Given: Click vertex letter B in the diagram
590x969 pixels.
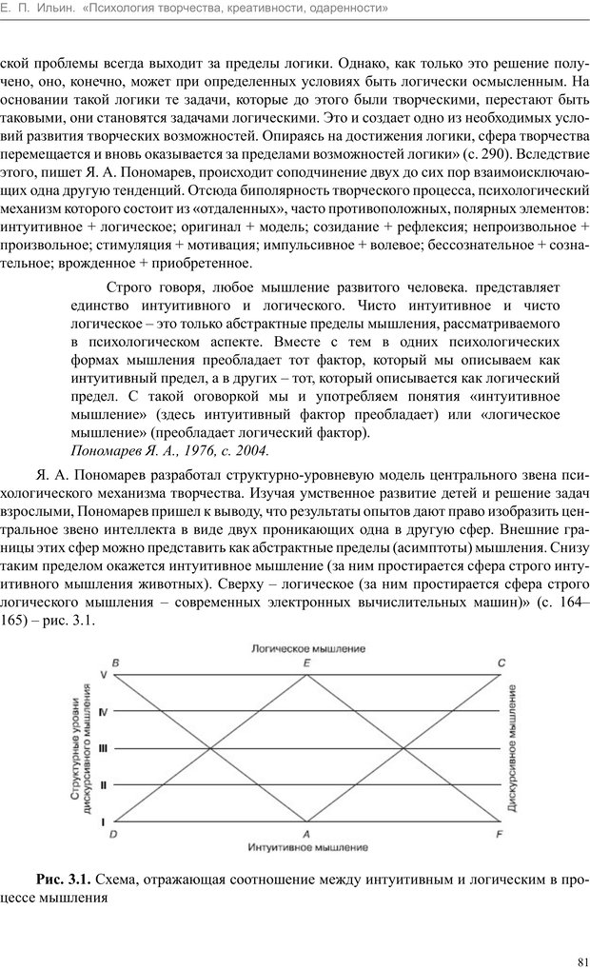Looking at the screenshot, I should (115, 662).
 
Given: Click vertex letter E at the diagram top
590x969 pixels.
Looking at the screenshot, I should (306, 662).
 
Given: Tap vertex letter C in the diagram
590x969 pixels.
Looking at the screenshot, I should (501, 662).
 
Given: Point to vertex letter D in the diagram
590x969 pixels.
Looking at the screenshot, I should (114, 834).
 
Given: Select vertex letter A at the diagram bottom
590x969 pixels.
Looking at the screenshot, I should (306, 834).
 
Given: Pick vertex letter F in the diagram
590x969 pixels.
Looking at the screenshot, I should (501, 834).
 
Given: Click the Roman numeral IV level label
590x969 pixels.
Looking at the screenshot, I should (103, 711).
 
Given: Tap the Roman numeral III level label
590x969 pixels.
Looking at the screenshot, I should (103, 748).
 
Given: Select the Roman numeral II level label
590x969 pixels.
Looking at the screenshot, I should (103, 785).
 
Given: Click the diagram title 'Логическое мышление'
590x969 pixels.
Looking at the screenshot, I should (307, 648).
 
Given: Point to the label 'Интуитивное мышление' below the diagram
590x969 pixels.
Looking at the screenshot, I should (307, 846).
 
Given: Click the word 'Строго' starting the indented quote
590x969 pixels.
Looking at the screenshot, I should (130, 287).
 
